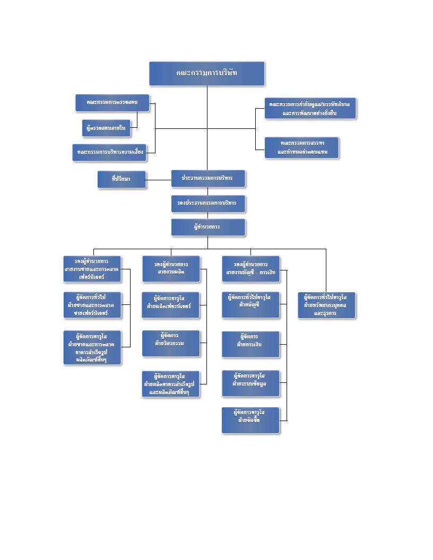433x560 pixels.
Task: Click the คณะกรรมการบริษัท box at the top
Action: (206, 73)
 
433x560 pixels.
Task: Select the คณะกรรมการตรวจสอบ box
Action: (111, 103)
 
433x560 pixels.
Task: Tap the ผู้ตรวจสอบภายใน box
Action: (108, 128)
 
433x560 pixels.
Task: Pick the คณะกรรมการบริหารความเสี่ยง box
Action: (109, 152)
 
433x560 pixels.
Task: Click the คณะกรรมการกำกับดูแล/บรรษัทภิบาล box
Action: (310, 108)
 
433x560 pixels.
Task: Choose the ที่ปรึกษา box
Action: (121, 180)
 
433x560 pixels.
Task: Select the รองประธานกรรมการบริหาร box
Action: (208, 203)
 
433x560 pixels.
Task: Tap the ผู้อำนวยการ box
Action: (208, 227)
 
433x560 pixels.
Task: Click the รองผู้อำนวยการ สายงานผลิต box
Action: (171, 269)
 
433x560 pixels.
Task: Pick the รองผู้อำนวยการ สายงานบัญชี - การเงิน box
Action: (250, 269)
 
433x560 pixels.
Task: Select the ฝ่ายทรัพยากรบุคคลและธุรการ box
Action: (326, 304)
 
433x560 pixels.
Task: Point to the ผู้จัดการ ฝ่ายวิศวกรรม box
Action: (171, 343)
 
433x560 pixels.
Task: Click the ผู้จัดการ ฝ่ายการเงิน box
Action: (250, 344)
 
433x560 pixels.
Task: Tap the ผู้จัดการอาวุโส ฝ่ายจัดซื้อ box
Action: (250, 420)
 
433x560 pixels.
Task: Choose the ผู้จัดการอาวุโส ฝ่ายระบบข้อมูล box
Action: (250, 383)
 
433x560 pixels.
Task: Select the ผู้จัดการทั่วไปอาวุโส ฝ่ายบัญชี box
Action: (250, 304)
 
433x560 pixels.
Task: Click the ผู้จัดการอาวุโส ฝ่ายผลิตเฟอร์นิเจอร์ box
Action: (171, 304)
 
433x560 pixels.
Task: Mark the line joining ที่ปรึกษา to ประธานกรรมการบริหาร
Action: (158, 180)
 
